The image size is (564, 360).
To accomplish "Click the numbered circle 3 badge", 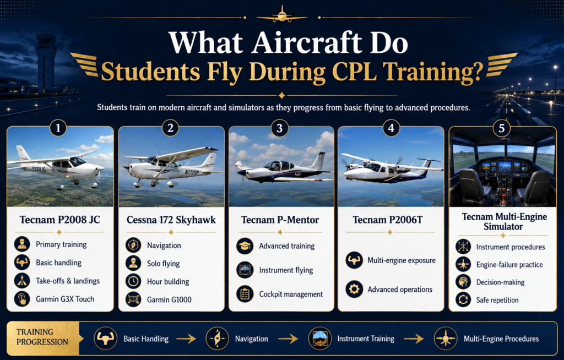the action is coord(279,128).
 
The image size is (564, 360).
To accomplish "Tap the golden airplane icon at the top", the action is coord(282,15).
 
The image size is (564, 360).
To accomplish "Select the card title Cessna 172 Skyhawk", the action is coord(171,220).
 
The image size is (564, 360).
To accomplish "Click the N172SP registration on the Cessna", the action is coord(191,172).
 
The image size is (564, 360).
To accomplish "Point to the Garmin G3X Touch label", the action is coord(65,299).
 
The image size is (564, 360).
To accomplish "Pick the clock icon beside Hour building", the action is coord(133,281).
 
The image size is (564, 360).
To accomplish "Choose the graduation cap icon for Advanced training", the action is coord(245,246).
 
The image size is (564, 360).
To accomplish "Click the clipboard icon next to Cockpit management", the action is coord(245,294).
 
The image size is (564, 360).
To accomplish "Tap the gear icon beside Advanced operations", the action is coord(354,289).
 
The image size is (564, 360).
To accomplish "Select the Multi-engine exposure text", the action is coord(402,260).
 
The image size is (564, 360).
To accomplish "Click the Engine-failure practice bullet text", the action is coord(509,265).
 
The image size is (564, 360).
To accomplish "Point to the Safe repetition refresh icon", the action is coord(463,299).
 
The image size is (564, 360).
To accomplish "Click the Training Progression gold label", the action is coord(42,337).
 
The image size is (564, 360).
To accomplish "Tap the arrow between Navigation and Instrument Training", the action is coord(288,339).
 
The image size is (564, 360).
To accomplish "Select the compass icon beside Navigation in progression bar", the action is coord(217,339).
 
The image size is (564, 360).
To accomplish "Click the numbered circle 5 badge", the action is coord(501,128).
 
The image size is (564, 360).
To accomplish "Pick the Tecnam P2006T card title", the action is coord(388,220).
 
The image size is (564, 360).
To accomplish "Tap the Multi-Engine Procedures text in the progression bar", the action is coord(501,339).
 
